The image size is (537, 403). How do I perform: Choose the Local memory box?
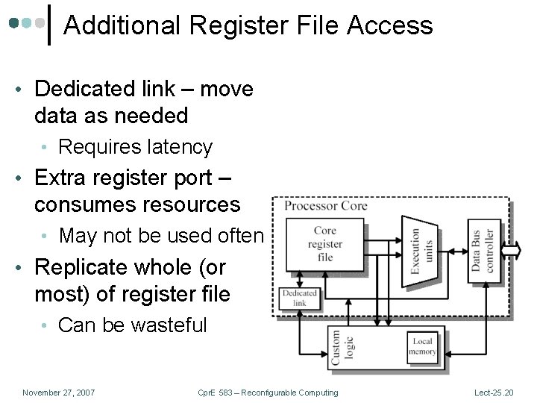(421, 346)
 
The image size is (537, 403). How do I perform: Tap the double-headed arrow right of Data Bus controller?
(510, 250)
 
